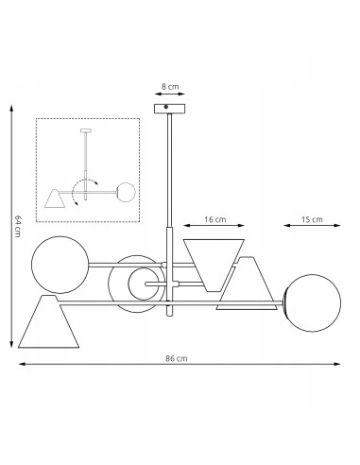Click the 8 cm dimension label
(x=170, y=87)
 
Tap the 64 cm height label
(x=18, y=226)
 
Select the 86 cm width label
(x=177, y=358)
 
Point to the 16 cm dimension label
(x=215, y=219)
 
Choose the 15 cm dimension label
(x=312, y=219)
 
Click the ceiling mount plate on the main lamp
(x=169, y=109)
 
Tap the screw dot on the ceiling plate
(x=166, y=107)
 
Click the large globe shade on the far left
(x=60, y=265)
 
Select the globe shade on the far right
(x=313, y=302)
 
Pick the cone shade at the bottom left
(x=48, y=321)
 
